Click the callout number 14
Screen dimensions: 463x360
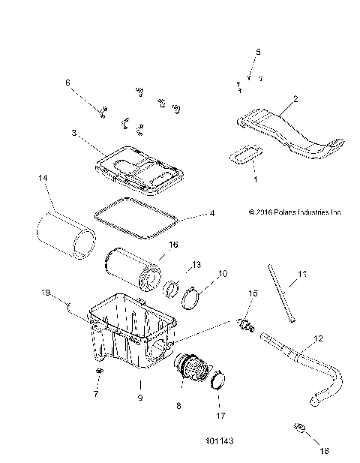point(43,179)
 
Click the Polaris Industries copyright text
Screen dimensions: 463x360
point(289,212)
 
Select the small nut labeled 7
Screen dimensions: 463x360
point(98,372)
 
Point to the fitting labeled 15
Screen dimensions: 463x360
point(244,324)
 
